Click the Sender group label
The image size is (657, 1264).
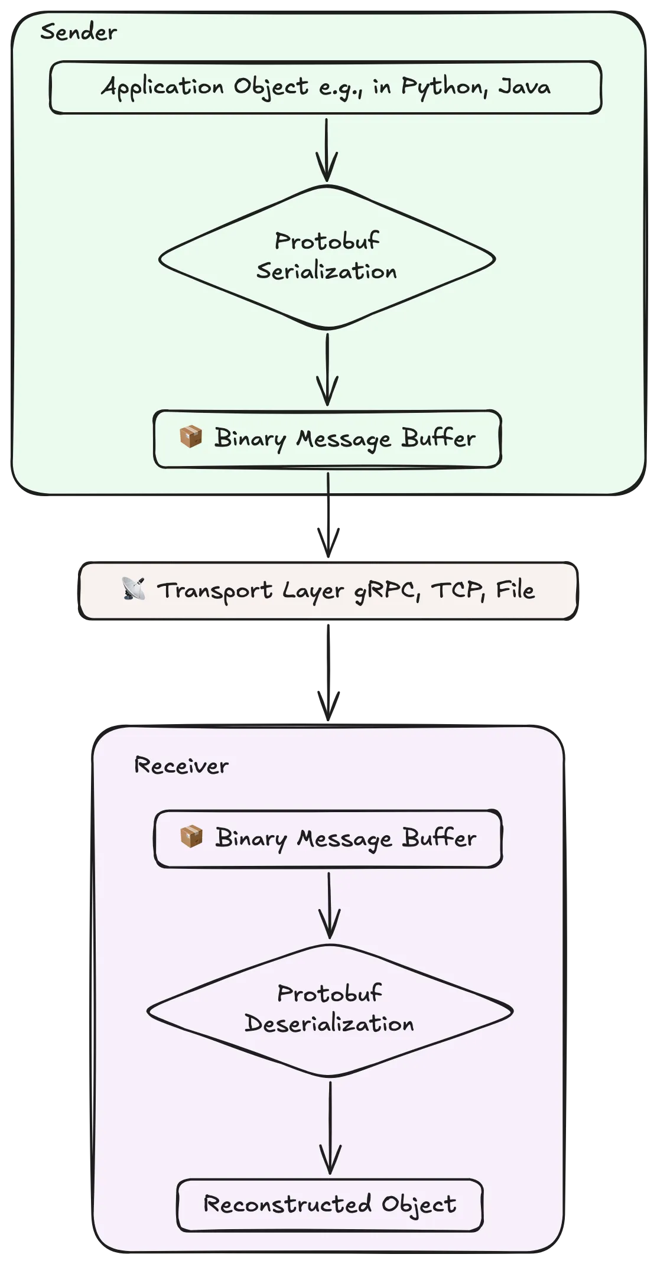coord(78,32)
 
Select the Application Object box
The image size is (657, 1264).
coord(326,87)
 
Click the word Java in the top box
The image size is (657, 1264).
coord(524,86)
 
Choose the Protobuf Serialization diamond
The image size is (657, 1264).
coord(327,257)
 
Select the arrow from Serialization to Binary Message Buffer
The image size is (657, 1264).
coord(327,369)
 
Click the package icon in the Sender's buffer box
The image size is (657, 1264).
coord(191,437)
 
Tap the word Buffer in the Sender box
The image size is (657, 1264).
coord(438,438)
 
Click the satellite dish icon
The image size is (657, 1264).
coord(134,589)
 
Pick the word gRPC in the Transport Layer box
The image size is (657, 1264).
coord(387,590)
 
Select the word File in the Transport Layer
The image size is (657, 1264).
coord(515,589)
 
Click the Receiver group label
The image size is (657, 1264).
coord(181,765)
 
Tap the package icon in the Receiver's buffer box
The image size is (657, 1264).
coord(191,837)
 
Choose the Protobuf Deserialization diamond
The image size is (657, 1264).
coord(329,1011)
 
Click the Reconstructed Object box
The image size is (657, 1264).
coord(330,1205)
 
